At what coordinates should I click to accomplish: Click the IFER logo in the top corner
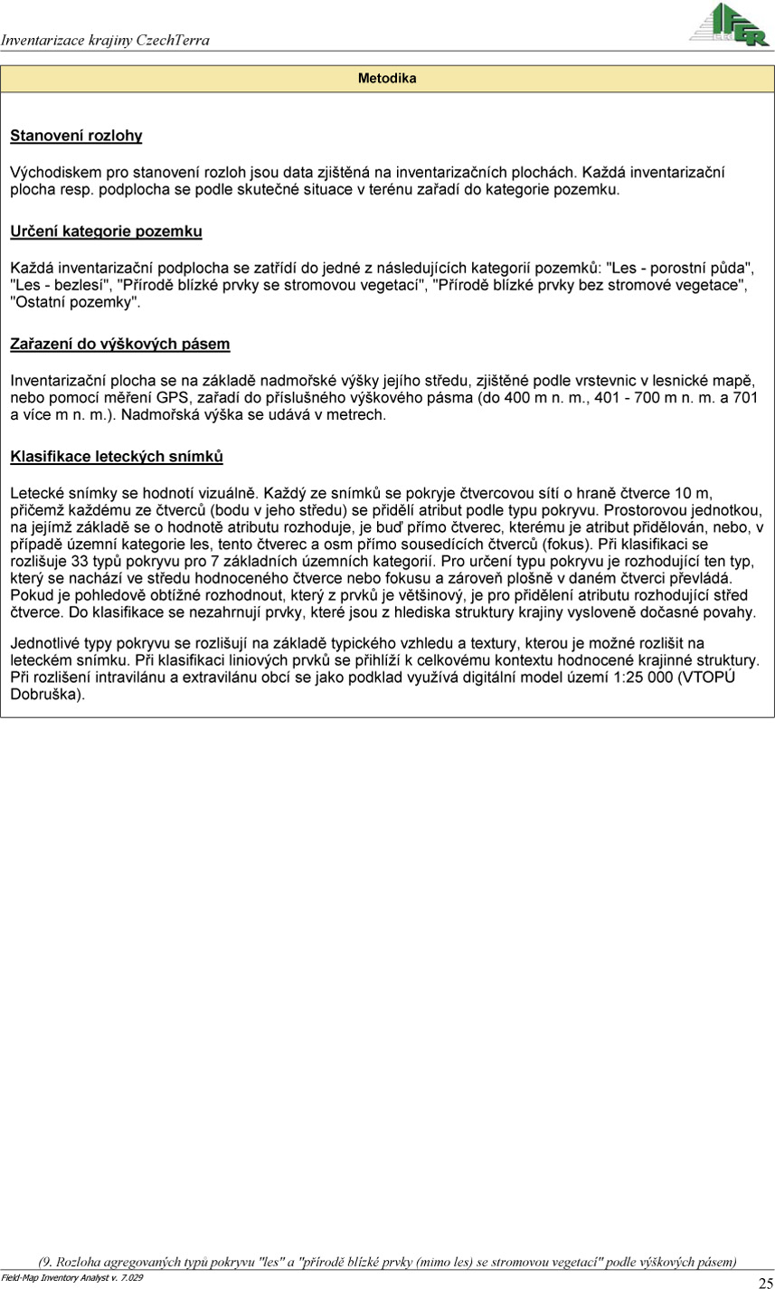pos(731,24)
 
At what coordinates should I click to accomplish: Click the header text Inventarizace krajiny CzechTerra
pos(106,41)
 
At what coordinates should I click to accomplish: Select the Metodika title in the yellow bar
pos(387,79)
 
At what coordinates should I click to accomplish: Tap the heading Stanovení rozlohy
pos(76,137)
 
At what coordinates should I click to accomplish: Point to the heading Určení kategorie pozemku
pos(106,231)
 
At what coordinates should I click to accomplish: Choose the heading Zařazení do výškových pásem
pos(119,344)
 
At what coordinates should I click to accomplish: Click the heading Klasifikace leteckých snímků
pos(116,457)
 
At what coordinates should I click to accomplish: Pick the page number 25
pos(765,1281)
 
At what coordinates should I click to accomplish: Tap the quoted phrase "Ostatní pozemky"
pos(75,303)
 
